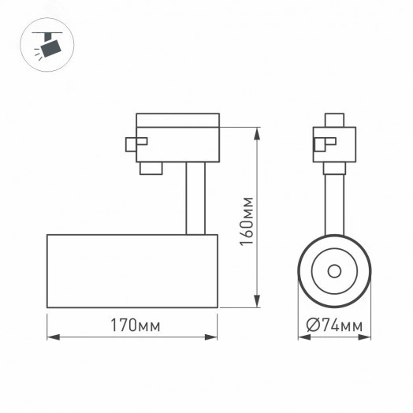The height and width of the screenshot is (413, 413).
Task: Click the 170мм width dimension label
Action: [132, 326]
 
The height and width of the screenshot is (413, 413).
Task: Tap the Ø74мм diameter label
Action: [334, 326]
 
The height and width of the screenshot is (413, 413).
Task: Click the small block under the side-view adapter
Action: [151, 168]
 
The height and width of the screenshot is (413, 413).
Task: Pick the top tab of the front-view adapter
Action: [333, 120]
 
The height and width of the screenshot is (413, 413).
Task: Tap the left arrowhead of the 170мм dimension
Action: [50, 337]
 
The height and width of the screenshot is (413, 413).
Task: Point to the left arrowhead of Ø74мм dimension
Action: [301, 337]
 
